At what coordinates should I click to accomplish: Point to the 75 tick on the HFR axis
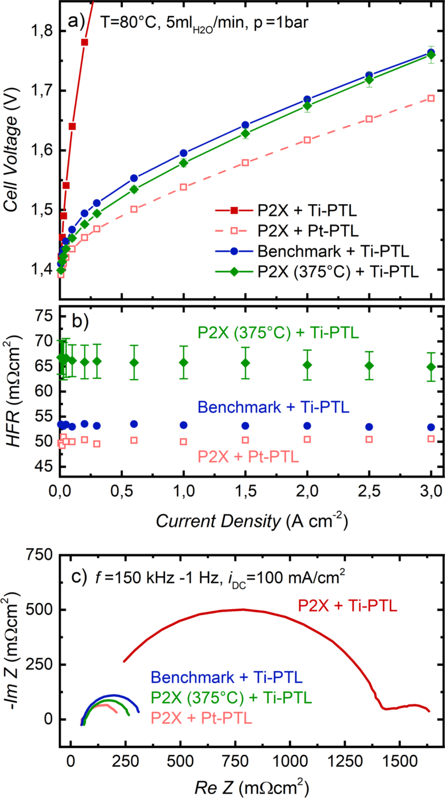[44, 316]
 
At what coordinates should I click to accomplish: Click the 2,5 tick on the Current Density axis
[369, 491]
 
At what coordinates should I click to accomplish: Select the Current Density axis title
[251, 521]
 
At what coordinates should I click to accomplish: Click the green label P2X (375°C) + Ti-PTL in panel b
[278, 332]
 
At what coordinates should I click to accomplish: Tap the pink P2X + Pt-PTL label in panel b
[248, 456]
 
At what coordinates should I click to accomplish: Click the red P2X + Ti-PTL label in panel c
[347, 605]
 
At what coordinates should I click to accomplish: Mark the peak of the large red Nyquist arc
[243, 609]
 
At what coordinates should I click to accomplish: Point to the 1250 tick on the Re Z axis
[344, 761]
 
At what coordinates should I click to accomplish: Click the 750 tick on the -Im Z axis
[39, 555]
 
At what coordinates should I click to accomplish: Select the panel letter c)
[79, 577]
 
